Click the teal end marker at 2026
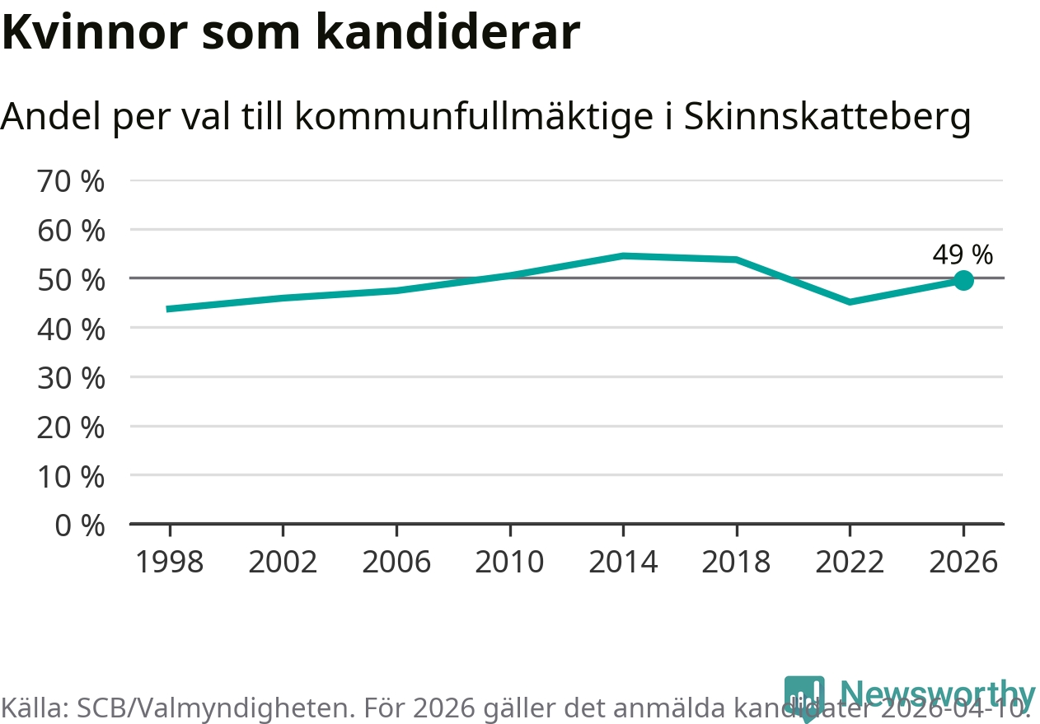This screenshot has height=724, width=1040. tap(963, 281)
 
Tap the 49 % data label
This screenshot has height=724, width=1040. tap(963, 255)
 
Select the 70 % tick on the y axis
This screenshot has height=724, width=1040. tap(71, 181)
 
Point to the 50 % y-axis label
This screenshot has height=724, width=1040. tap(71, 280)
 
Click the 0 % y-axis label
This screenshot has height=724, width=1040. tap(79, 525)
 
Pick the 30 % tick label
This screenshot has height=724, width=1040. tap(71, 378)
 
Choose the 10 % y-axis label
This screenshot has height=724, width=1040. tap(71, 476)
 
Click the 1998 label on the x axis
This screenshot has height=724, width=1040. tap(169, 562)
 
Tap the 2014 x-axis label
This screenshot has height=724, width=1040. tap(623, 562)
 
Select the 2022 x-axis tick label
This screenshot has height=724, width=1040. tap(850, 562)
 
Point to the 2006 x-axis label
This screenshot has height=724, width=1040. tap(396, 562)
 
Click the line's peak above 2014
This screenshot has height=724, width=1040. tap(624, 256)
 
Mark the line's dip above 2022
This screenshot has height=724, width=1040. tap(850, 301)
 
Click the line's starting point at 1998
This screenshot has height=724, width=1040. tap(169, 309)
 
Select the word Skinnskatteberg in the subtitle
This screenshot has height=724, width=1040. tap(827, 118)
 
